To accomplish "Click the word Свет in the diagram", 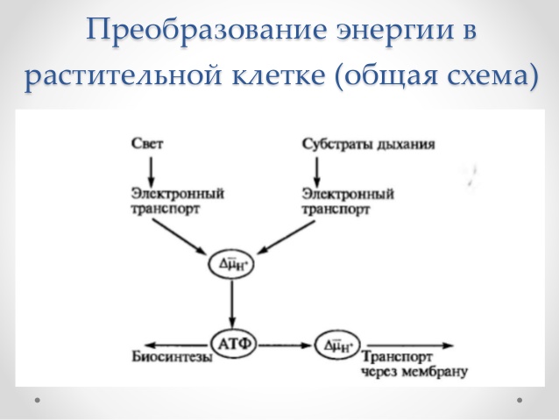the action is [147, 144].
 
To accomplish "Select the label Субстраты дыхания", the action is [369, 145].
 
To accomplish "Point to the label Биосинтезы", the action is [173, 357].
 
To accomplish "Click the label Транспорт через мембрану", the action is [414, 364].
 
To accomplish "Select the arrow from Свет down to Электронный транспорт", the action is [151, 171].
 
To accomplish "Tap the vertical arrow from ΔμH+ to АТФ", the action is [232, 304].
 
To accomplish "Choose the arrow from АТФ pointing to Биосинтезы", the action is [176, 345].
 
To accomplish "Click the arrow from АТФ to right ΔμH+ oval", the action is [285, 345].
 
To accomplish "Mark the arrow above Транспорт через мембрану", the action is [410, 345].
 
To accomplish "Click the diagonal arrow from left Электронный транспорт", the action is [180, 236].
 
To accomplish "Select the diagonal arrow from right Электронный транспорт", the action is [286, 238].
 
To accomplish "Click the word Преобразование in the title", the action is [207, 30].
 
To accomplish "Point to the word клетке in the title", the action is [279, 75].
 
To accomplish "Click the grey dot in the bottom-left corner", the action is [38, 400].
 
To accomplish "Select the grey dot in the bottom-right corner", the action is [520, 400].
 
